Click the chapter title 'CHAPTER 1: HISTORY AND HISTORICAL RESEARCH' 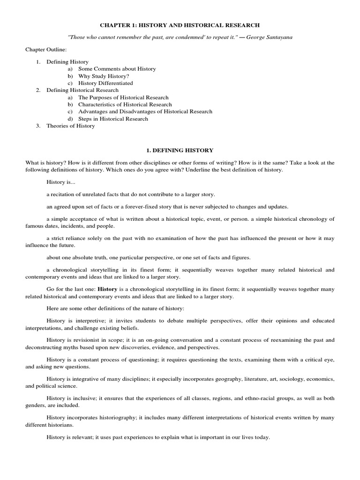[x=180, y=24]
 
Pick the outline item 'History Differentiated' [x=105, y=83]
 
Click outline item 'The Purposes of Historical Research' [x=123, y=97]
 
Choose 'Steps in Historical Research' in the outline [x=113, y=119]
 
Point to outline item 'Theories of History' [x=70, y=126]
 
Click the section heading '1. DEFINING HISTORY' [x=180, y=150]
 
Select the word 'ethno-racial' [x=256, y=398]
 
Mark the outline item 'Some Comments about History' [x=117, y=69]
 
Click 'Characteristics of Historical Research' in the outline [x=125, y=105]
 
